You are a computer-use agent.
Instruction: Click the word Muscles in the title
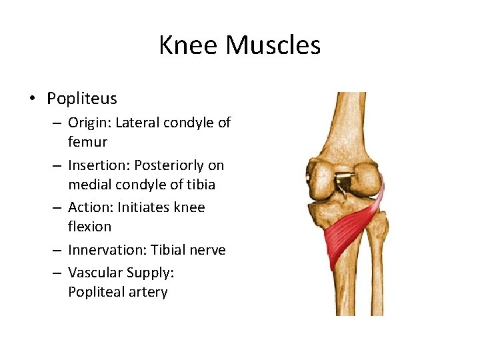point(273,45)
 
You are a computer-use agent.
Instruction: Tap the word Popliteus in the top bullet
point(81,99)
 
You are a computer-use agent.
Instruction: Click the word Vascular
point(95,272)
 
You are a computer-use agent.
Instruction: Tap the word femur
point(87,142)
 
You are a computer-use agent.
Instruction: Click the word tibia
point(200,184)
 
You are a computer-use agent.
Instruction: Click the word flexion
point(89,227)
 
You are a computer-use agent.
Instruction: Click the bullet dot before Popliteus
point(31,99)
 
